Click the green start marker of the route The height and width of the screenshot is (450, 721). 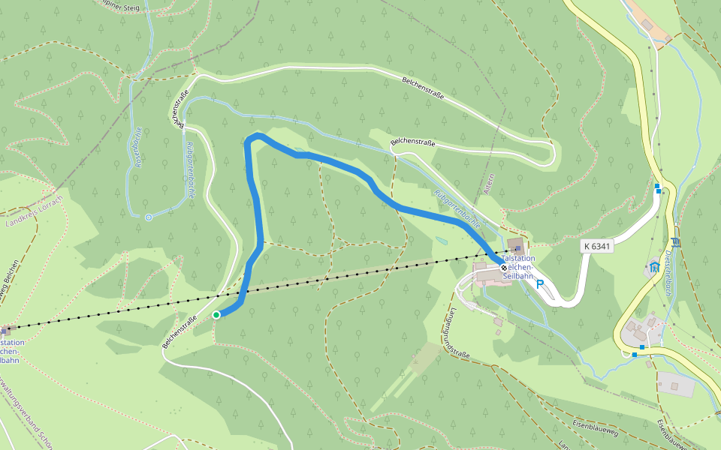216,315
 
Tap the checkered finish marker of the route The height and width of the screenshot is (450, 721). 503,267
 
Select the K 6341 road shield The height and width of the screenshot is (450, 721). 597,246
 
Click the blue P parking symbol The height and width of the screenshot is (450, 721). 540,285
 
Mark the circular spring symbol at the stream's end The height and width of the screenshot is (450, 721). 149,217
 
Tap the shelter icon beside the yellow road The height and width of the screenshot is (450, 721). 655,266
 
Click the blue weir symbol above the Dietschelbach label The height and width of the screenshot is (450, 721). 676,241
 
